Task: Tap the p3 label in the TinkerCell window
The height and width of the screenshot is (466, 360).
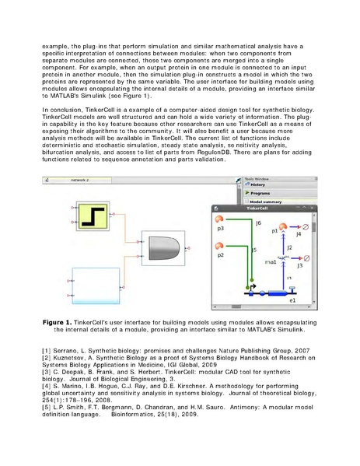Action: click(220, 231)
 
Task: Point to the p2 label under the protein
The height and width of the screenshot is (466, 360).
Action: click(220, 254)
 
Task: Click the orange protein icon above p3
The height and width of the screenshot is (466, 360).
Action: click(220, 219)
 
